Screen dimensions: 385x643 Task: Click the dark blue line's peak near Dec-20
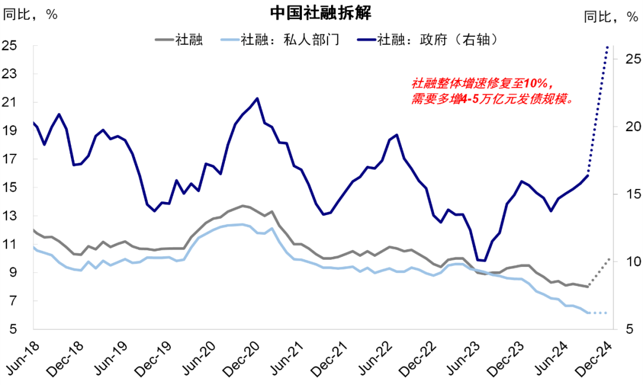click(257, 98)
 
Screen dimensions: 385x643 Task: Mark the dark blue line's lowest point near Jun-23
click(484, 260)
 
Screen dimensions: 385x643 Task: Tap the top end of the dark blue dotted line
click(607, 46)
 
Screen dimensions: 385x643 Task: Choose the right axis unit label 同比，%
click(610, 17)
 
